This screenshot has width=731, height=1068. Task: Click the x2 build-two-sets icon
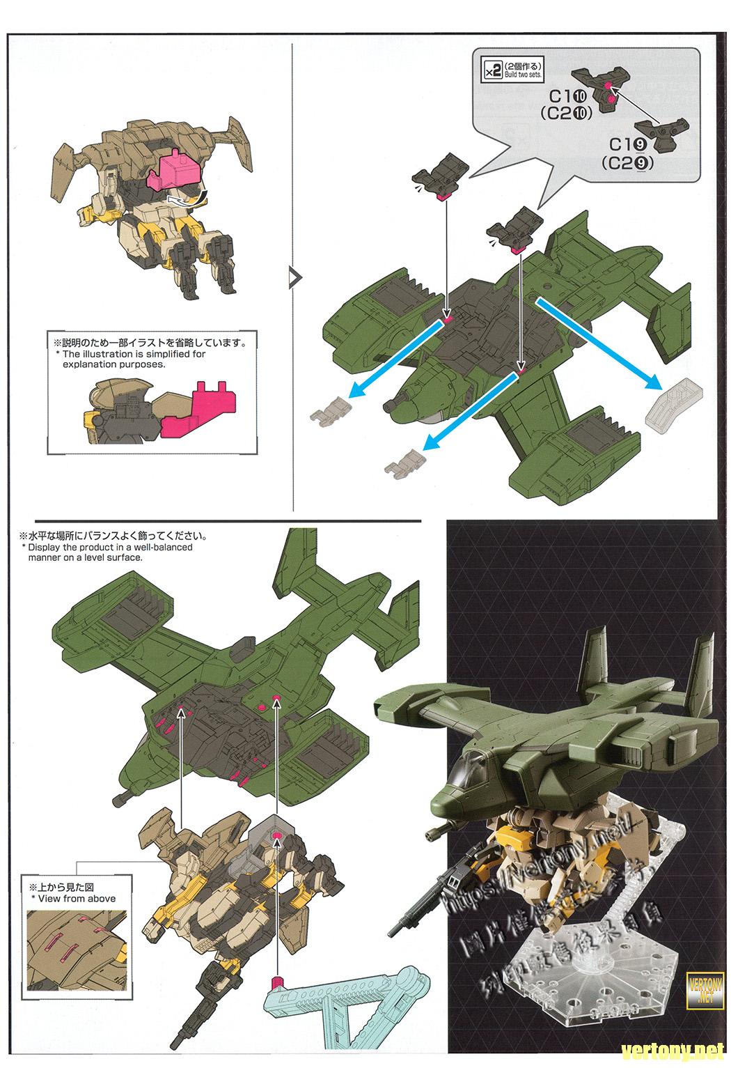tap(492, 70)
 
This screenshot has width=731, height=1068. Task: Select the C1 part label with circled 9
tap(629, 144)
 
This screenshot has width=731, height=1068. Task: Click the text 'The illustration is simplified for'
tap(134, 354)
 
